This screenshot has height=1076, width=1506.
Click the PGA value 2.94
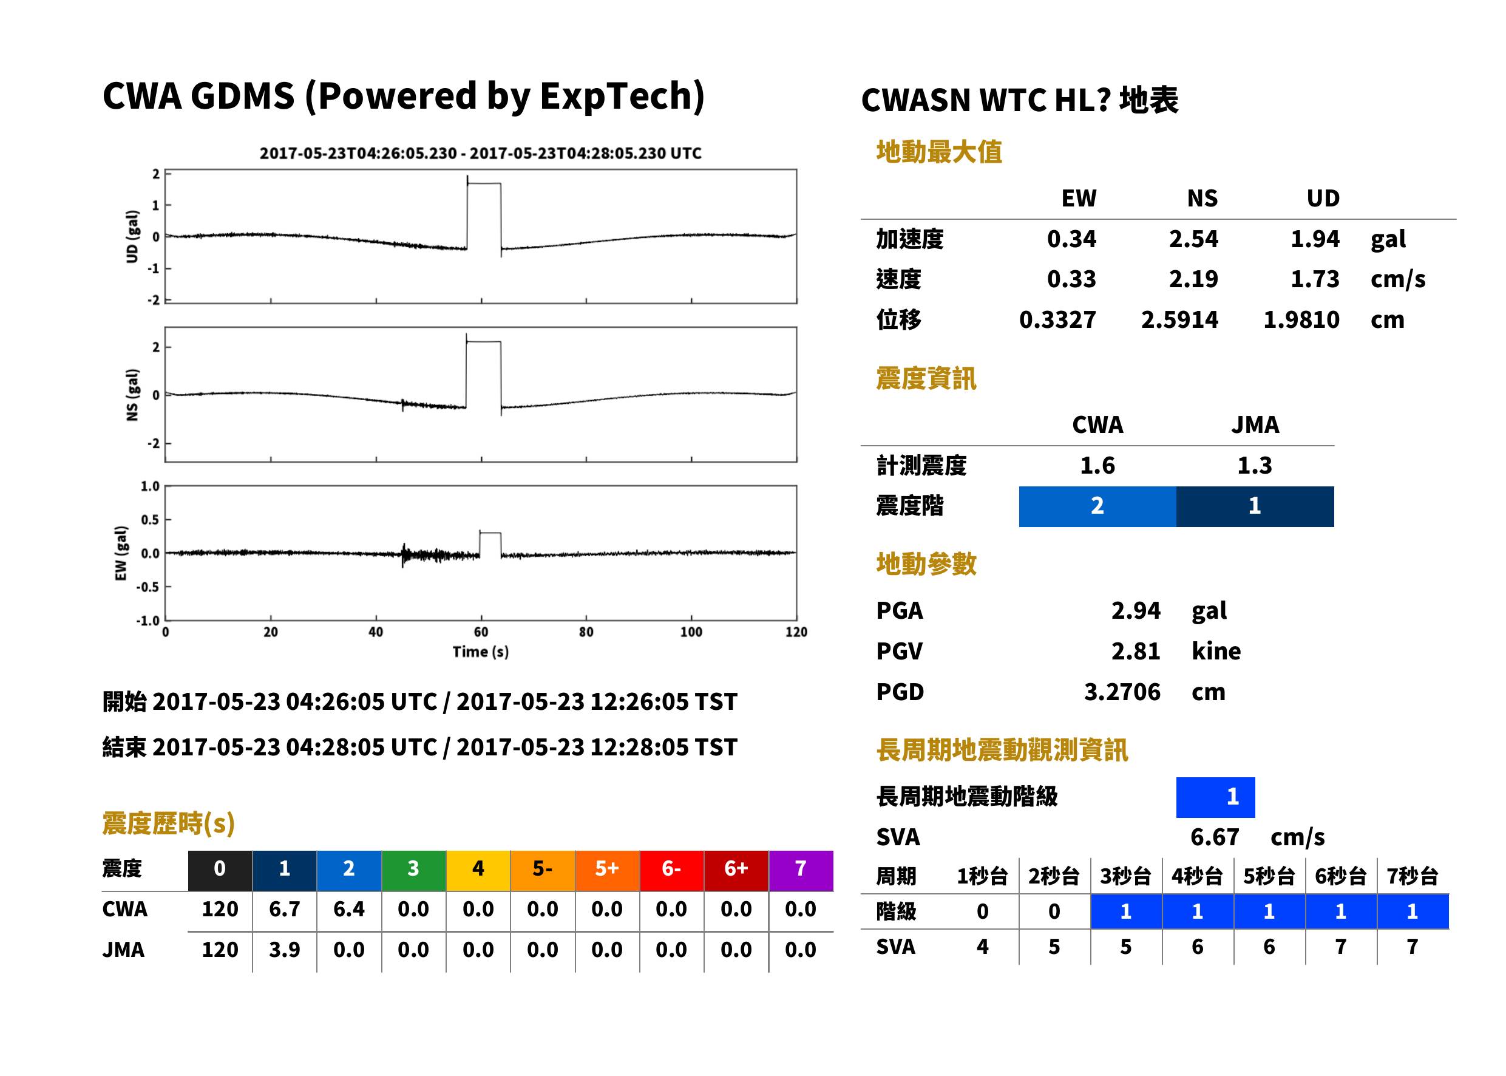pyautogui.click(x=1135, y=610)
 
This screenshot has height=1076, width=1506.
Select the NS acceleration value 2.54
pyautogui.click(x=1193, y=239)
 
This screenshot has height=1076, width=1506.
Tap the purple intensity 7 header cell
pyautogui.click(x=801, y=868)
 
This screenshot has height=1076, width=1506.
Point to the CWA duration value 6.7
pyautogui.click(x=284, y=909)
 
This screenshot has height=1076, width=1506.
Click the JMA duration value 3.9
pyautogui.click(x=284, y=950)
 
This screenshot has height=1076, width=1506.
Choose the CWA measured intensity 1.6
pyautogui.click(x=1097, y=465)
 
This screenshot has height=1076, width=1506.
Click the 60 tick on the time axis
pyautogui.click(x=481, y=632)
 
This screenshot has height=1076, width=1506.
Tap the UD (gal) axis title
pyautogui.click(x=132, y=237)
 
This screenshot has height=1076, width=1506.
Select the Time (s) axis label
pyautogui.click(x=481, y=652)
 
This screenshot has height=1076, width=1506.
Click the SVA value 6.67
pyautogui.click(x=1215, y=837)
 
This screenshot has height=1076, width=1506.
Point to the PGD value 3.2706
pyautogui.click(x=1122, y=692)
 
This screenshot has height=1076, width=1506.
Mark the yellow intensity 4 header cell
pyautogui.click(x=478, y=868)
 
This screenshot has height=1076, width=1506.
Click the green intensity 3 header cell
pyautogui.click(x=413, y=868)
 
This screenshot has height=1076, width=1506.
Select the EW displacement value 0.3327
pyautogui.click(x=1057, y=319)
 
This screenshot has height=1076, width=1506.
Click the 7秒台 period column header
pyautogui.click(x=1412, y=876)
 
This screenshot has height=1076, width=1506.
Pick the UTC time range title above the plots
pyautogui.click(x=480, y=153)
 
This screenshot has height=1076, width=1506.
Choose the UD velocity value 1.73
pyautogui.click(x=1315, y=279)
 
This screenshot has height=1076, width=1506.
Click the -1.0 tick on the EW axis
pyautogui.click(x=148, y=620)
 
